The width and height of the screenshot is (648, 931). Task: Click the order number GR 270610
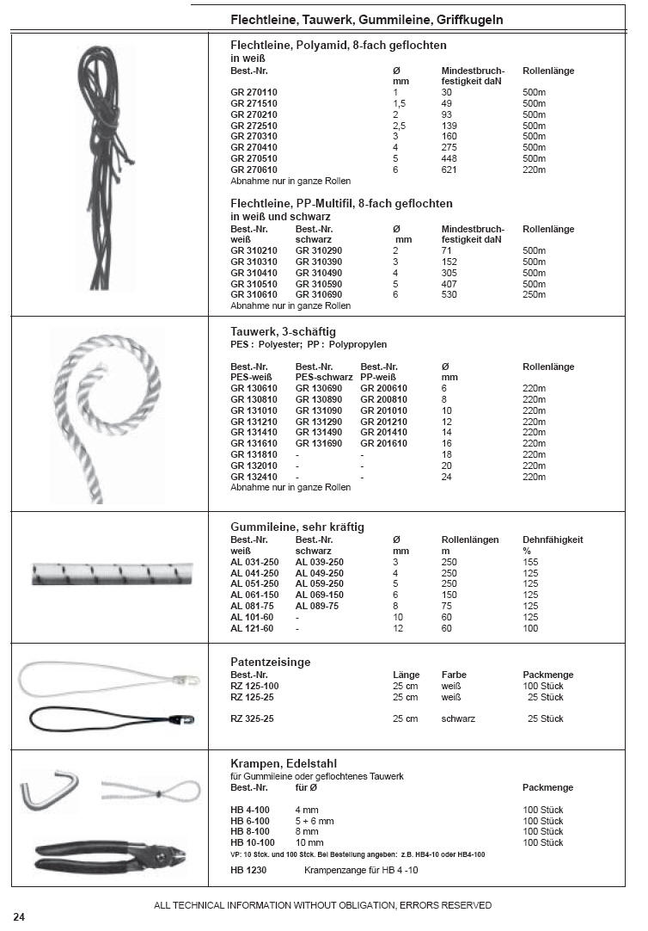click(x=254, y=170)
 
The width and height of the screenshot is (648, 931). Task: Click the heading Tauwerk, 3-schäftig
click(x=283, y=331)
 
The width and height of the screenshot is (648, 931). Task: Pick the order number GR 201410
click(x=384, y=433)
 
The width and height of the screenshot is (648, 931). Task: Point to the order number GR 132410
click(x=254, y=477)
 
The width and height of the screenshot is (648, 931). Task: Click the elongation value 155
click(x=530, y=562)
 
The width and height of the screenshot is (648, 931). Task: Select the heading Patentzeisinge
click(x=271, y=663)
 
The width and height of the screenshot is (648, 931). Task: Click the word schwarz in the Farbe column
click(x=458, y=718)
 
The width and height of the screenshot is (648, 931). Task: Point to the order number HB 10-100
click(x=253, y=843)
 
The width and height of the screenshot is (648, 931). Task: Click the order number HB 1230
click(x=248, y=871)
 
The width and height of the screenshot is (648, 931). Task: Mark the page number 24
click(x=19, y=916)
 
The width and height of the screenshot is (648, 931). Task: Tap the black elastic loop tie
click(x=108, y=716)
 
